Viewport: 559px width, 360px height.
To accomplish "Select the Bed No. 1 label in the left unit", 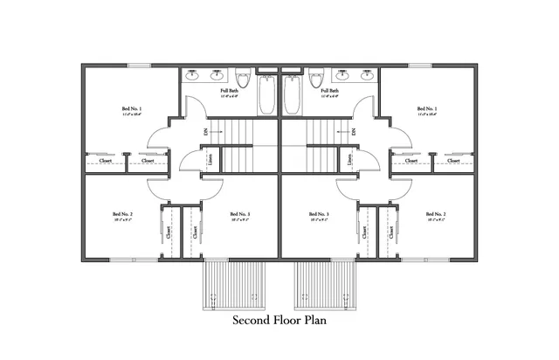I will click(132, 109).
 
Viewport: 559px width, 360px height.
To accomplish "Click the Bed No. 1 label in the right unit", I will click(425, 109).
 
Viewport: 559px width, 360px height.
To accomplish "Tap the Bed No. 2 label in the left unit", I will click(121, 214).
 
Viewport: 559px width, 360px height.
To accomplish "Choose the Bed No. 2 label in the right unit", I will click(436, 214).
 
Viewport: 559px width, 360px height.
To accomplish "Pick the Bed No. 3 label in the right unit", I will click(319, 214).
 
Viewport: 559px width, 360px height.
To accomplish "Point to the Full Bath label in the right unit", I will click(330, 90).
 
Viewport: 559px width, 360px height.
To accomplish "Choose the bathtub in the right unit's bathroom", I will click(292, 94).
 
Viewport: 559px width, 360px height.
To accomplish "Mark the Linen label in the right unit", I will click(349, 159).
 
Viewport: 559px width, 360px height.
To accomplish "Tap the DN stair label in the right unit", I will click(354, 132).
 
